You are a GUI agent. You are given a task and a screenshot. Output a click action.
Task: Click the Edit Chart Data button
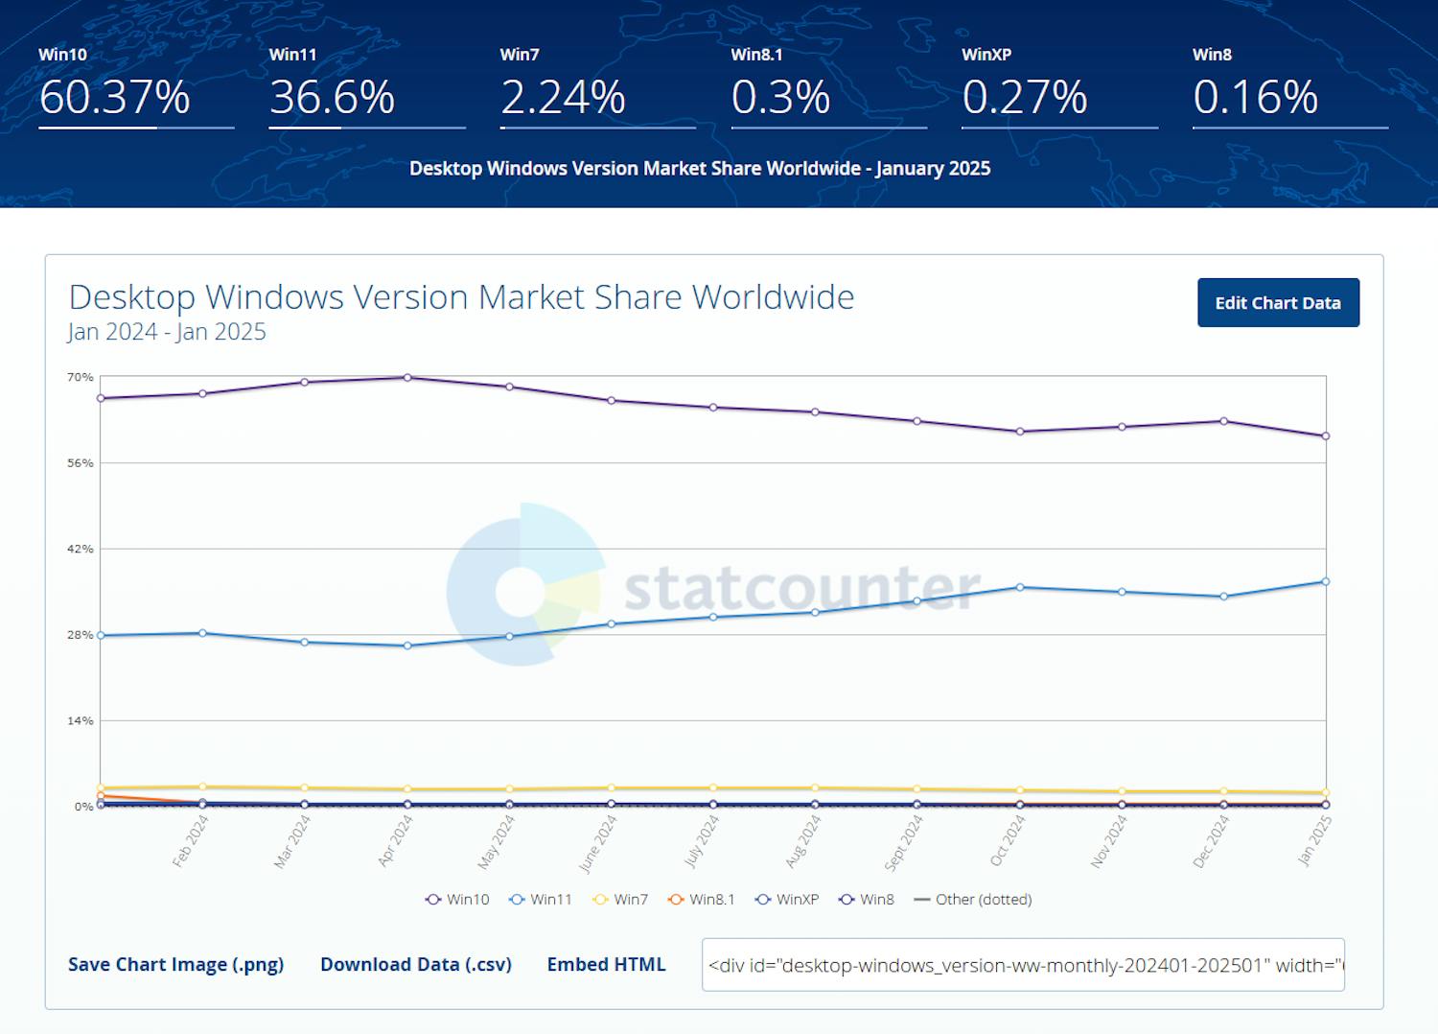(x=1278, y=303)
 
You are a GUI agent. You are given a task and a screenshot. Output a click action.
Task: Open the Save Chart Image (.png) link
(x=175, y=964)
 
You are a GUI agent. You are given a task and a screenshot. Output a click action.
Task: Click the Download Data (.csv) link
(x=416, y=964)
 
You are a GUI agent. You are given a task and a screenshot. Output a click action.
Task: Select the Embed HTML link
(x=606, y=964)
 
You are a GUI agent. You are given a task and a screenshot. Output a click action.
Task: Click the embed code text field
(x=1022, y=965)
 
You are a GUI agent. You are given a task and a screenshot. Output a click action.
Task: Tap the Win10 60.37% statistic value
(x=115, y=98)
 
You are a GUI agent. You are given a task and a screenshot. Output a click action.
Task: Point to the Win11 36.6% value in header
(x=332, y=98)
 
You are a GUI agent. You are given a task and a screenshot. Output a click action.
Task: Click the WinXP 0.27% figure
(x=1024, y=98)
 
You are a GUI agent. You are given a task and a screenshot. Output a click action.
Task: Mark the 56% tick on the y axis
(x=81, y=463)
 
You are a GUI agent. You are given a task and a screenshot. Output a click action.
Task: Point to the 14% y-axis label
(x=81, y=720)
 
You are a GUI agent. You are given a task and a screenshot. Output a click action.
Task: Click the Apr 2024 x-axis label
(x=395, y=840)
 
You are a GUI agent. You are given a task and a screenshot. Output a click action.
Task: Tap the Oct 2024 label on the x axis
(x=1008, y=840)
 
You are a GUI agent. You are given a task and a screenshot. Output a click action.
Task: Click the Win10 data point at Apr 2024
(x=407, y=378)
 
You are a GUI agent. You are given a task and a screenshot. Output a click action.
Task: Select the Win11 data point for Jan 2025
(x=1326, y=581)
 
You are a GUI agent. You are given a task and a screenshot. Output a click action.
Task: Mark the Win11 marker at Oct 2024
(x=1020, y=587)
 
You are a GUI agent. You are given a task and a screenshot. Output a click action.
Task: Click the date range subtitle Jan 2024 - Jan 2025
(x=167, y=332)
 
